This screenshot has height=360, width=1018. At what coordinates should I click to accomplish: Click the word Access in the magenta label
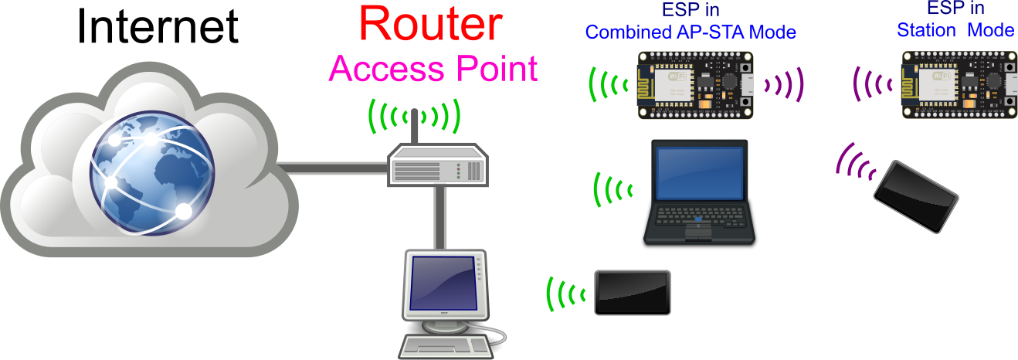375,69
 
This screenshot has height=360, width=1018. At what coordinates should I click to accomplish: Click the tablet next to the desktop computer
632,292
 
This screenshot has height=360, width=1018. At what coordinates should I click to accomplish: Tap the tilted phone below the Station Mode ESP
916,195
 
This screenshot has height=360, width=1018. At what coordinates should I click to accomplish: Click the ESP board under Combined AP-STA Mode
694,84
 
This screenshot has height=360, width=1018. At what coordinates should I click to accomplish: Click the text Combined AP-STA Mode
691,32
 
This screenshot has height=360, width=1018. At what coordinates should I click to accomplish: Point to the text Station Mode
955,31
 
